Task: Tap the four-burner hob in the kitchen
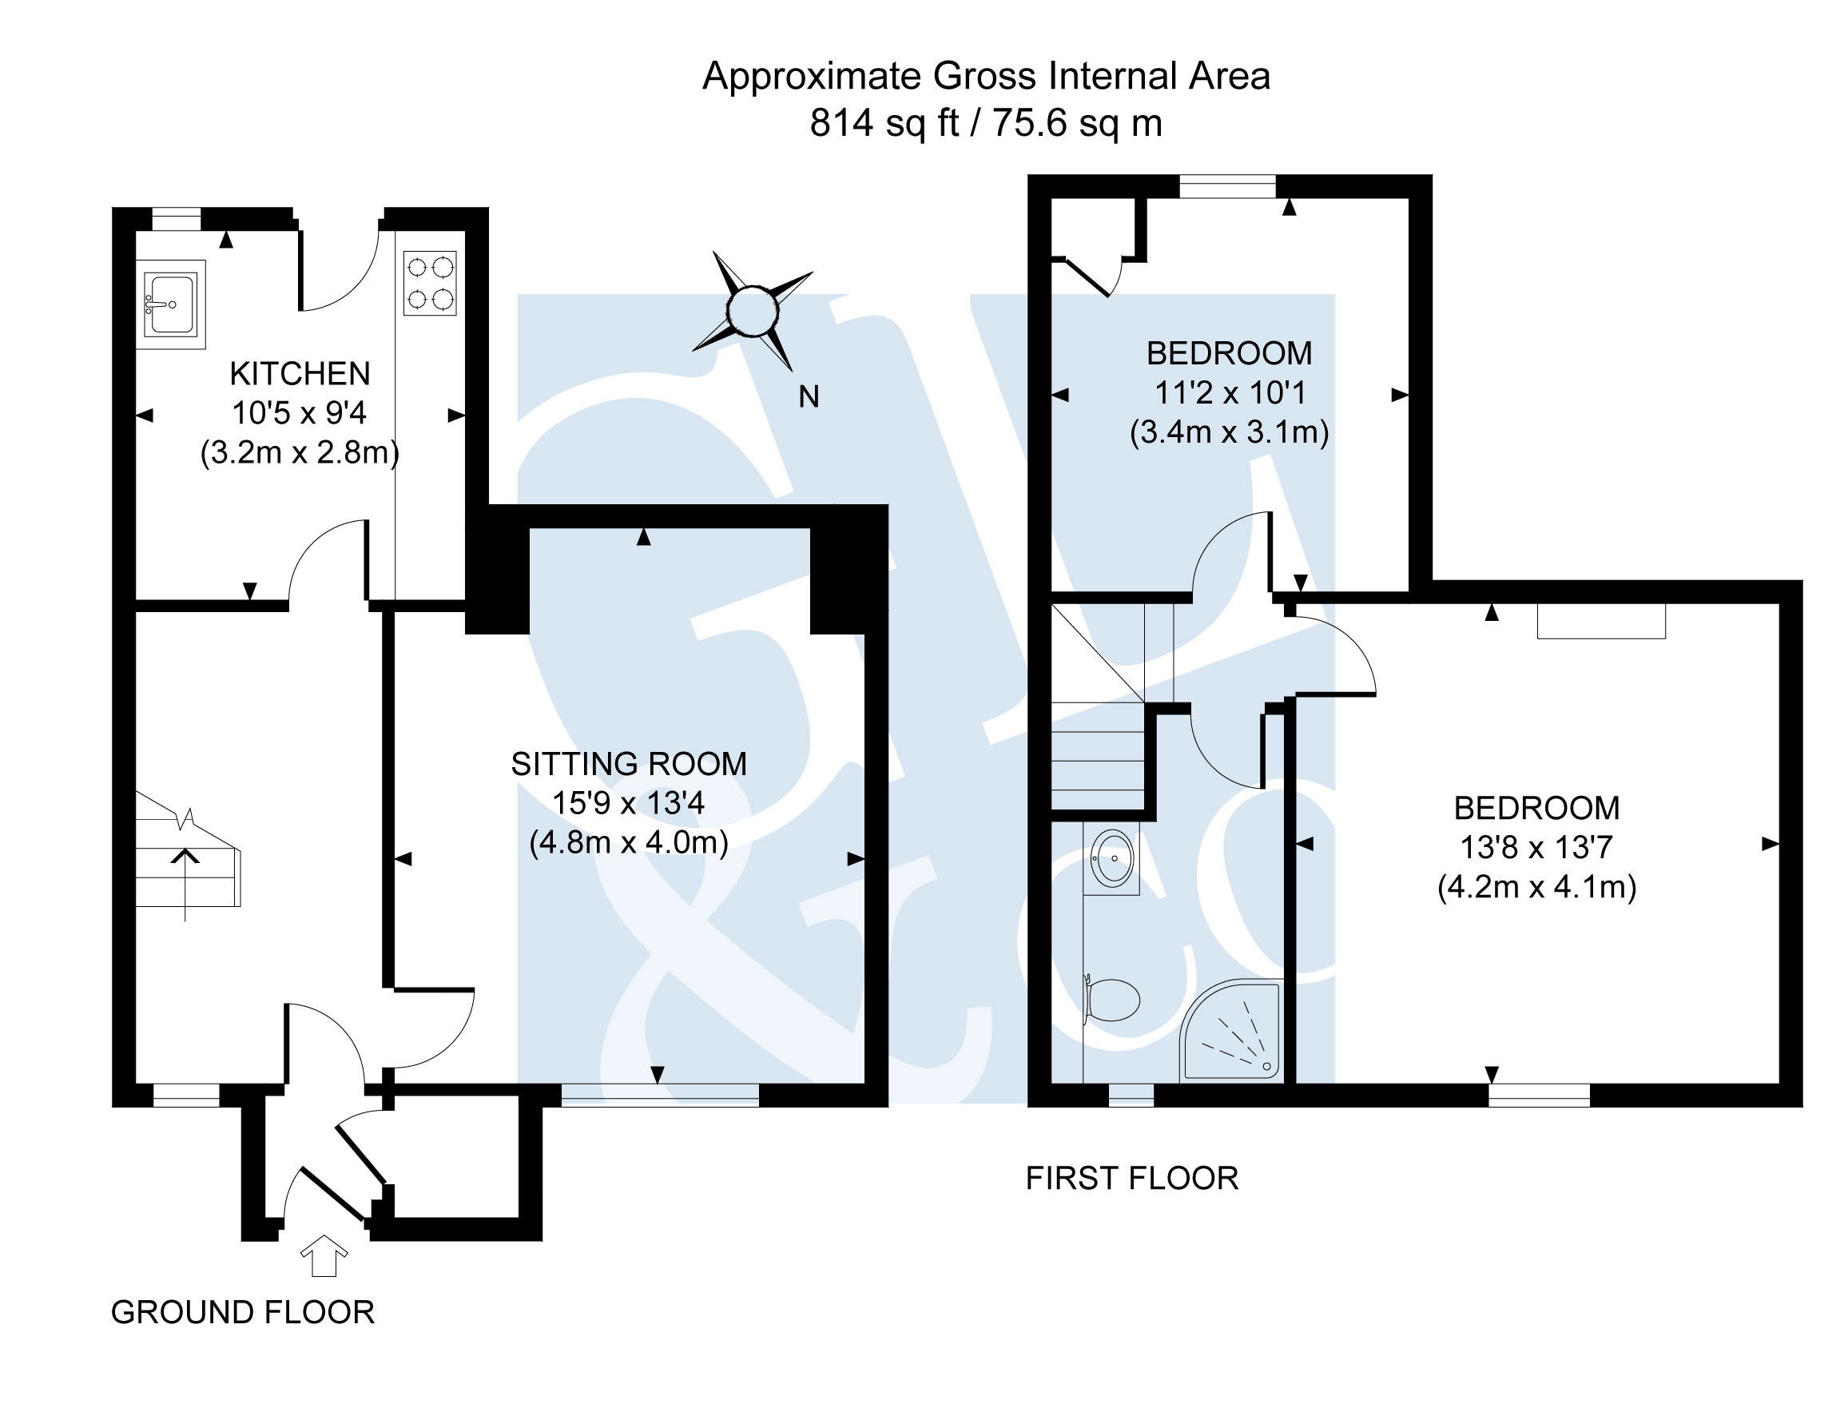(x=429, y=283)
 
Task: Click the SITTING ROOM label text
(x=629, y=764)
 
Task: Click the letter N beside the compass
(x=809, y=396)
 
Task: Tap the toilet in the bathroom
(x=1112, y=1000)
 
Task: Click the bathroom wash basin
(x=1112, y=858)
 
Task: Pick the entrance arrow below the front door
(x=324, y=1255)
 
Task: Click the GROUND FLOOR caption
(x=243, y=1312)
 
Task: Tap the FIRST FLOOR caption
(x=1132, y=1179)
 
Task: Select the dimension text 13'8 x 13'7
(x=1536, y=847)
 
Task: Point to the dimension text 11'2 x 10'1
(x=1230, y=392)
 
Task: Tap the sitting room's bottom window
(x=660, y=1095)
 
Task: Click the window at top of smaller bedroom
(x=1227, y=185)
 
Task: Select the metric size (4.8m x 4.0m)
(x=629, y=842)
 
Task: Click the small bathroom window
(x=1131, y=1095)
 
